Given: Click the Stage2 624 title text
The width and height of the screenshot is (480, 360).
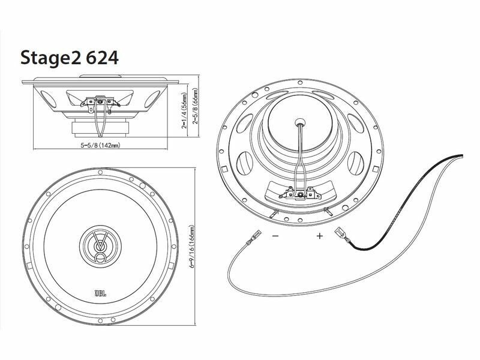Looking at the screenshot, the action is coord(70,58).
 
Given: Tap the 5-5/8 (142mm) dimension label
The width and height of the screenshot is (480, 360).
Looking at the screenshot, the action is coord(100,145).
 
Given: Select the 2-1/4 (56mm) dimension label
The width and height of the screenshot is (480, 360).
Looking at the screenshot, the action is coord(184,111).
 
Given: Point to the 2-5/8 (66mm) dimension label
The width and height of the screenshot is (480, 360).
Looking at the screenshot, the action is coord(196,106).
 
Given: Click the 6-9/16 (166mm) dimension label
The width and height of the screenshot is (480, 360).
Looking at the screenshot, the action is coord(192,247).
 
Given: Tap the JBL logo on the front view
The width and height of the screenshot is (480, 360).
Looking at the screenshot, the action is coord(100,293).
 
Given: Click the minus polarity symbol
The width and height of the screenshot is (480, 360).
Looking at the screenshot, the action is coord(275,236).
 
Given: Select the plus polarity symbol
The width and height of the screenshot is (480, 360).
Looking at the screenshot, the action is coord(320,236).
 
